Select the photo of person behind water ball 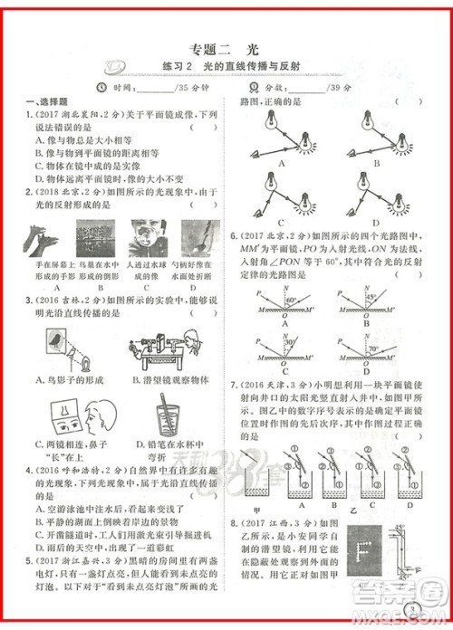coord(142,240)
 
